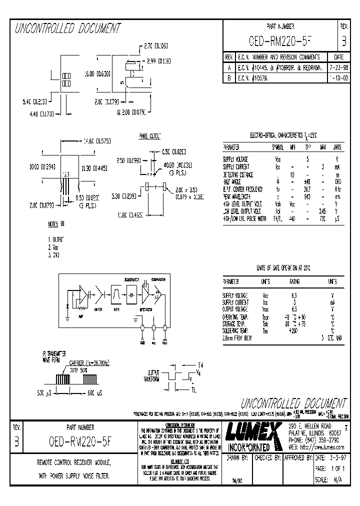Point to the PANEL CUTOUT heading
(x=149, y=136)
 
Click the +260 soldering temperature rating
(x=294, y=331)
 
